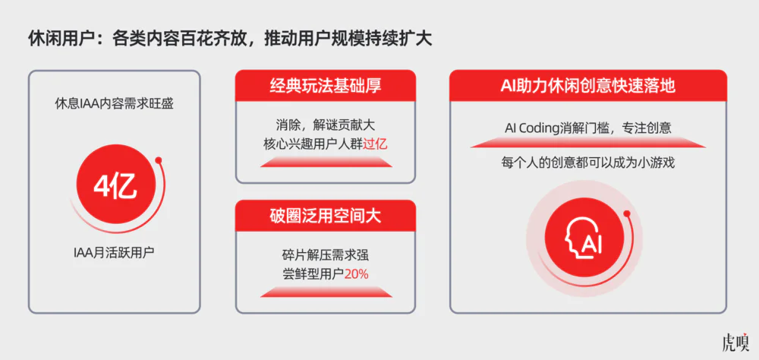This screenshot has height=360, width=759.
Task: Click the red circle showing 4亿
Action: pyautogui.click(x=114, y=185)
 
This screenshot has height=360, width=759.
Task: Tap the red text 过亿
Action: pyautogui.click(x=376, y=143)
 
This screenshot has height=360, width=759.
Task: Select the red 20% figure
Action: pyautogui.click(x=356, y=273)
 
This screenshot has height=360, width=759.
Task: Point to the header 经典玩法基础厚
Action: pyautogui.click(x=325, y=86)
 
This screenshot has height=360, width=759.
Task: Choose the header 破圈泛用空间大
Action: pyautogui.click(x=325, y=216)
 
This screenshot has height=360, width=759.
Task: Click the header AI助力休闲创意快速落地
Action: pyautogui.click(x=587, y=86)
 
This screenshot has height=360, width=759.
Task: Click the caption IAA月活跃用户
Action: pyautogui.click(x=114, y=251)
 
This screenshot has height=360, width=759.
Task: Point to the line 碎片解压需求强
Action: pyautogui.click(x=325, y=254)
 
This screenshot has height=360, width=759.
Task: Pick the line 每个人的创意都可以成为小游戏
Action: pyautogui.click(x=587, y=162)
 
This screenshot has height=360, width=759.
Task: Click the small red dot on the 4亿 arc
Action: pyautogui.click(x=159, y=160)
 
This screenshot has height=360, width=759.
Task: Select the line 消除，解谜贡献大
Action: pyautogui.click(x=325, y=125)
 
